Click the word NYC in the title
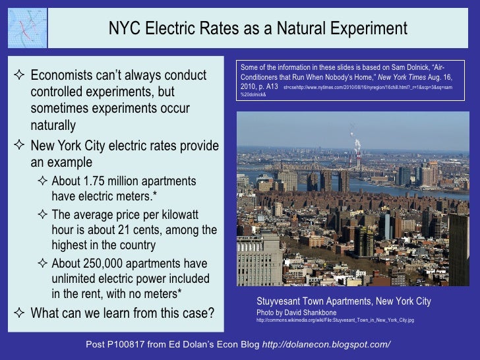(123, 29)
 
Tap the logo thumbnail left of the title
(24, 24)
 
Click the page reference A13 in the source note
(271, 86)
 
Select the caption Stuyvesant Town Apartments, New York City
(344, 301)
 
